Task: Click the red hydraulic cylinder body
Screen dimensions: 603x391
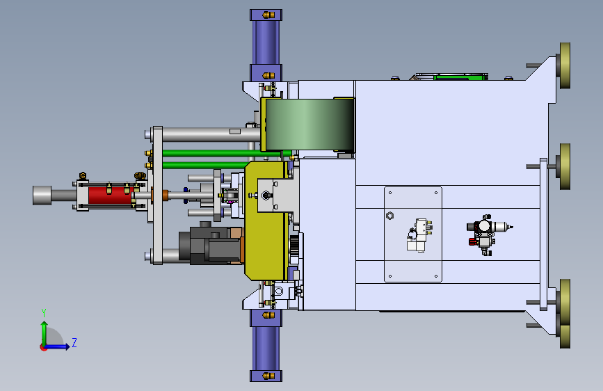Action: (x=110, y=195)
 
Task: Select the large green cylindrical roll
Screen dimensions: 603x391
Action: (x=309, y=124)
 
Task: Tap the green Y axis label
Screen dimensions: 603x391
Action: (x=44, y=312)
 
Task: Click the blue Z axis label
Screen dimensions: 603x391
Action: (x=74, y=342)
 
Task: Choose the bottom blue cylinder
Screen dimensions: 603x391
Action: (x=266, y=346)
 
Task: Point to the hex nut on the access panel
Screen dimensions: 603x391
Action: (x=389, y=216)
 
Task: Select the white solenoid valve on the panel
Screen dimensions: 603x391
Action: (x=419, y=235)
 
